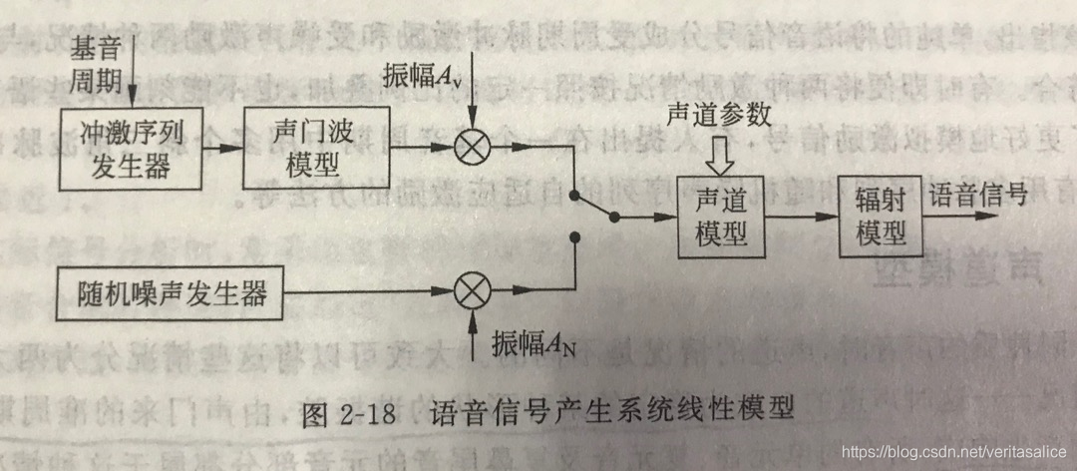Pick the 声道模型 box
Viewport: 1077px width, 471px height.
coord(722,215)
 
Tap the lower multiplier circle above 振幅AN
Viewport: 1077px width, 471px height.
coord(471,293)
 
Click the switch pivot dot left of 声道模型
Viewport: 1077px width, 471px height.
coord(615,217)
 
